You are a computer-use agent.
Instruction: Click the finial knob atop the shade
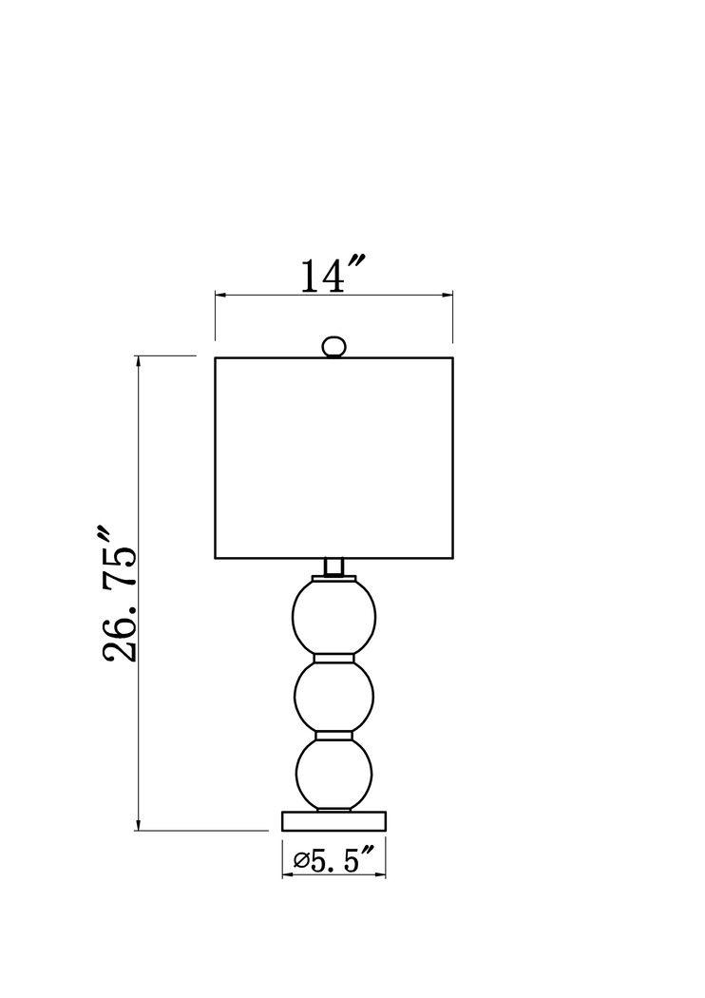tap(333, 347)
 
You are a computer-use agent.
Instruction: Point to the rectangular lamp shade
tap(333, 457)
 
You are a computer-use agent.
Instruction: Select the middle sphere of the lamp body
tap(334, 696)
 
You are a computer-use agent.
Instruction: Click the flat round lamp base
tap(334, 820)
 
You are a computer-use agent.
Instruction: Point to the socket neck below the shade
tap(333, 566)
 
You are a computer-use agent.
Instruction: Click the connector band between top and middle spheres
tap(334, 657)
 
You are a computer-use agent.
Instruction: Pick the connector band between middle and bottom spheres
tap(334, 735)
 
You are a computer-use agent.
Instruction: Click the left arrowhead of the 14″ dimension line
tap(220, 296)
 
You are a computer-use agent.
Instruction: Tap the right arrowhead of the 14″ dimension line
tap(448, 296)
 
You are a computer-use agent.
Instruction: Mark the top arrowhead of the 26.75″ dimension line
tap(139, 362)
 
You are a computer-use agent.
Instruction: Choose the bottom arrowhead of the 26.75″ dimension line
tap(139, 825)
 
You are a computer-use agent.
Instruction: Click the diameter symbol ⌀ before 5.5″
tap(301, 862)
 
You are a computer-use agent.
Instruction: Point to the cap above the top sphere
tap(334, 578)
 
